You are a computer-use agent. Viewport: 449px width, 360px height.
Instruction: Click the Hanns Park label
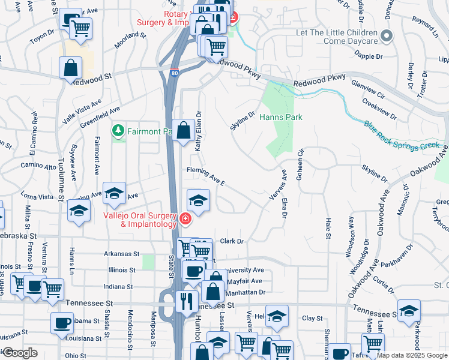[x=280, y=117]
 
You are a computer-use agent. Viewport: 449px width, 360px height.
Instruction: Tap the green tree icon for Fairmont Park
[x=118, y=130]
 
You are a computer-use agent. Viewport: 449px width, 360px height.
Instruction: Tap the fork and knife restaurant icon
[x=187, y=299]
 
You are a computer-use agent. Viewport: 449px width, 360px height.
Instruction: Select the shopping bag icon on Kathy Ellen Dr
[x=182, y=130]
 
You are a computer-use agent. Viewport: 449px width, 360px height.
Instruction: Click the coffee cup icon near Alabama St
[x=62, y=323]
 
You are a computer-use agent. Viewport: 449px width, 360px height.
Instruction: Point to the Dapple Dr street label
[x=369, y=56]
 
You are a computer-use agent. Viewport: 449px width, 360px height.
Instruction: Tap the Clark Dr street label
[x=231, y=241]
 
